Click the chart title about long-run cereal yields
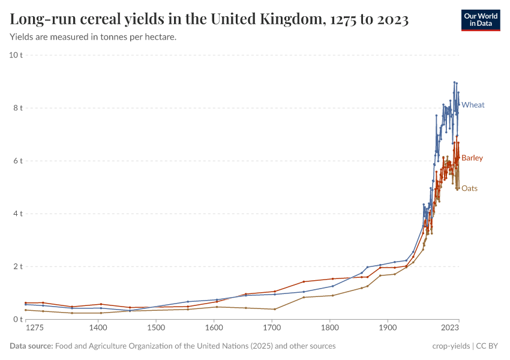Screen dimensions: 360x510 209,20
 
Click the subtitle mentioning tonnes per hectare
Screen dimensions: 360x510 93,37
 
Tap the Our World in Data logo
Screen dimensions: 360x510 480,20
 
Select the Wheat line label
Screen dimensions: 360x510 473,105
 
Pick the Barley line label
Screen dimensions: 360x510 472,158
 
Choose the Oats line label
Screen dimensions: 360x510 469,188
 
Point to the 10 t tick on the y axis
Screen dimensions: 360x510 16,55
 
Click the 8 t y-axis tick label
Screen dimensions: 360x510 17,108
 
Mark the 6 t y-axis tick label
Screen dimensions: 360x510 17,161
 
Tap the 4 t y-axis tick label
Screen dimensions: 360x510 17,214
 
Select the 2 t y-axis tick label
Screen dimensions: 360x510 17,266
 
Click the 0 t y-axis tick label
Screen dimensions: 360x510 17,319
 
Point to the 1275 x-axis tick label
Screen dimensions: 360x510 35,328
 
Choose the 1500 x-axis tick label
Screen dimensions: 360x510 156,328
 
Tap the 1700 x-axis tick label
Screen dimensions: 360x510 272,328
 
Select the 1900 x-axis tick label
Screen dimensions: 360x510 388,328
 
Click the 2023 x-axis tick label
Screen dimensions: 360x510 450,328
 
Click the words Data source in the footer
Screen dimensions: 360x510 31,346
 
